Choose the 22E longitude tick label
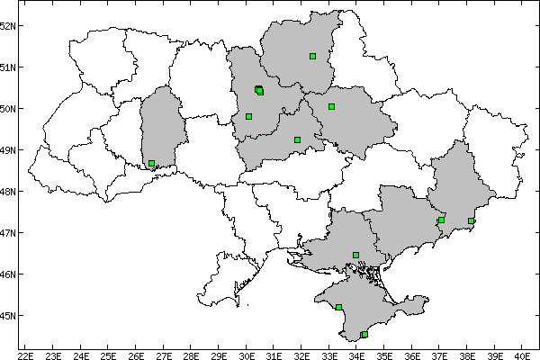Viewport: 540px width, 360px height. [x=25, y=354]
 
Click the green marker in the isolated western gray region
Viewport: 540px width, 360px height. [x=151, y=164]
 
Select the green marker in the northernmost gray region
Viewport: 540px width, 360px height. [x=312, y=56]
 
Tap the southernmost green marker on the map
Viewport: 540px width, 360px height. [x=364, y=335]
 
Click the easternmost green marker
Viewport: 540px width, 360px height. [x=471, y=220]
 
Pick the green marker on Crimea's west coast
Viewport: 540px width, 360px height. [x=338, y=307]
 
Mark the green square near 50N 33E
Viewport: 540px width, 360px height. [x=331, y=106]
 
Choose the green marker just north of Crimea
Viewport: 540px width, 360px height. [x=356, y=255]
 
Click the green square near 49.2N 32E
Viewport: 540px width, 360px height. [x=297, y=139]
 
